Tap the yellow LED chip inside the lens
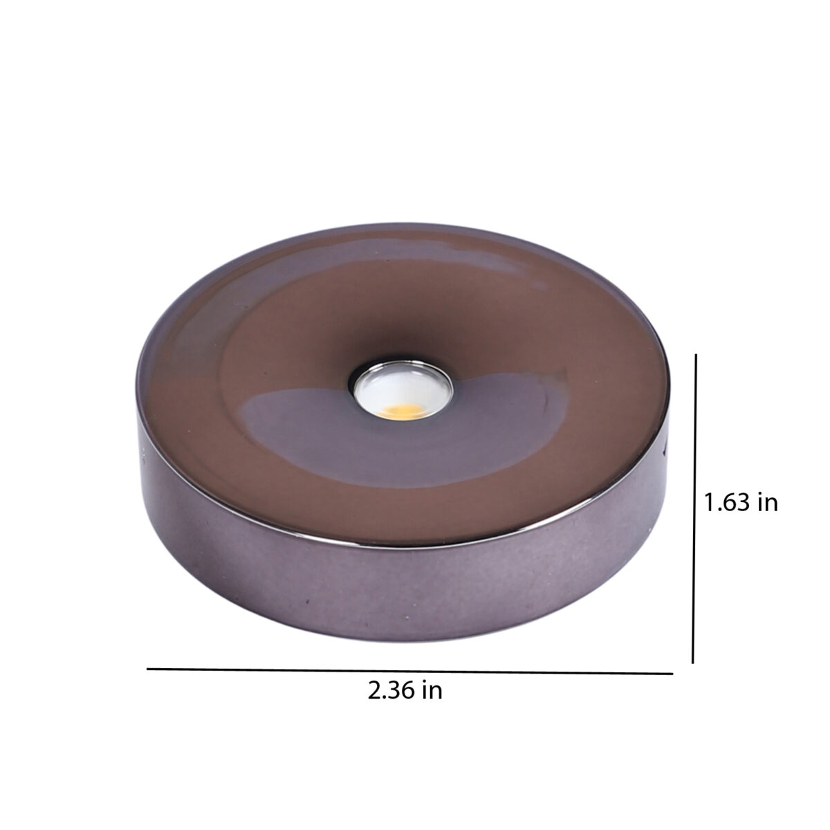click(400, 412)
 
